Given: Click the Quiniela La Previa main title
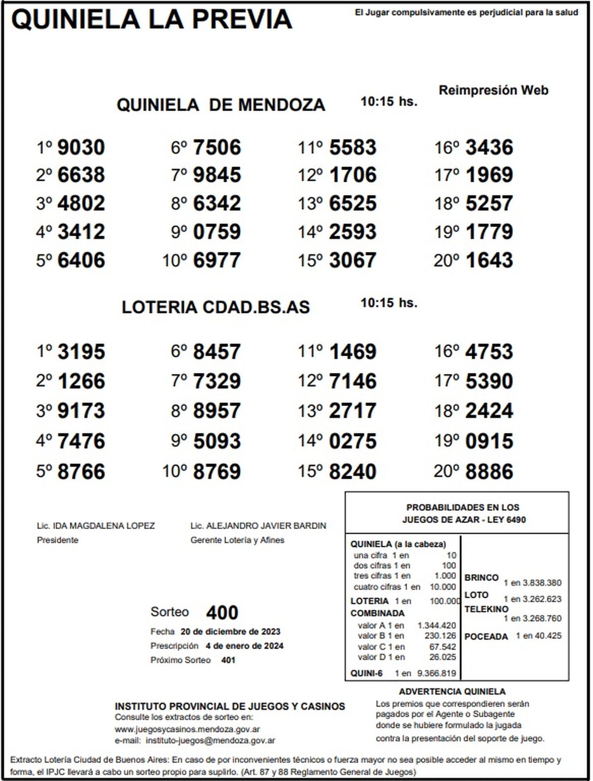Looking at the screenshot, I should (x=152, y=20).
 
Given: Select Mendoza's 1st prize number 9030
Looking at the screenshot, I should (x=81, y=147).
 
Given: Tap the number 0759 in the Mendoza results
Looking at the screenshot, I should (x=217, y=232).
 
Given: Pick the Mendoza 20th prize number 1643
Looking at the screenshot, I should (x=489, y=260).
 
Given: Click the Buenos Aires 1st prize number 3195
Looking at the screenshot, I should (x=81, y=352).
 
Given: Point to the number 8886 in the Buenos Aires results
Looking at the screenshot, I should (x=489, y=471).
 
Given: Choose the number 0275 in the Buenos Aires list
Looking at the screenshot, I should (x=353, y=441).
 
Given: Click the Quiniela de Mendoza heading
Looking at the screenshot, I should (x=220, y=105).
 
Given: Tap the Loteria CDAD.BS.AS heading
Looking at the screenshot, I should (x=215, y=307).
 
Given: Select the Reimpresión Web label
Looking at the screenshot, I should (x=493, y=90).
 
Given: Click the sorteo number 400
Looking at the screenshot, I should (x=222, y=613).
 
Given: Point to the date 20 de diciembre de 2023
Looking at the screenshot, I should (x=230, y=631).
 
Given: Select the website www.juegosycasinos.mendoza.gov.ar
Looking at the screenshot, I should (x=187, y=729).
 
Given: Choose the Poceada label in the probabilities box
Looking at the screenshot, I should (x=486, y=636).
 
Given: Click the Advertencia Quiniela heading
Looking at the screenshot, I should (x=452, y=692).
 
